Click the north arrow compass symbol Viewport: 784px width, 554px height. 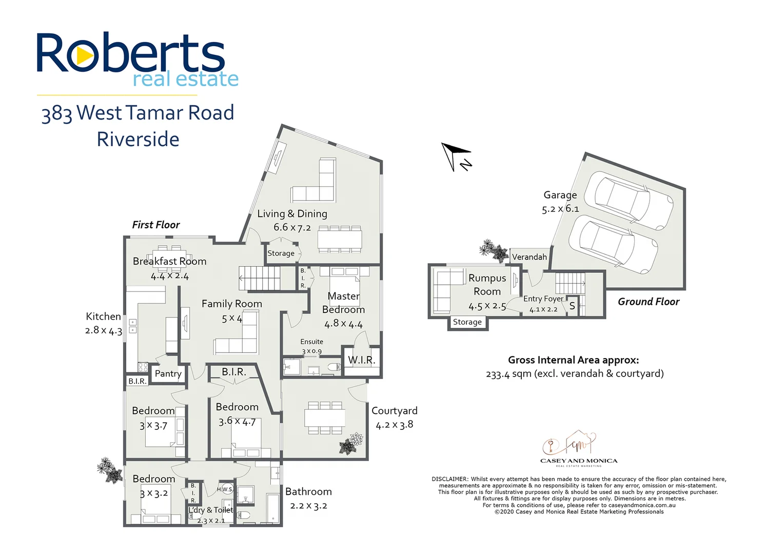455,155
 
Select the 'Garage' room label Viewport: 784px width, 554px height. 560,195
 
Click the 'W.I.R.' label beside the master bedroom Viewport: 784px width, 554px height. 362,360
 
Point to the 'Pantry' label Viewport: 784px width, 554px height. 168,373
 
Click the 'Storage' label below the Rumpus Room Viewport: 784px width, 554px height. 467,322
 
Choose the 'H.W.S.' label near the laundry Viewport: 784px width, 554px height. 225,489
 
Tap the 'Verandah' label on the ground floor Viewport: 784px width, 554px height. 529,257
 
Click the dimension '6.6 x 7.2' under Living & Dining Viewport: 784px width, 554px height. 292,227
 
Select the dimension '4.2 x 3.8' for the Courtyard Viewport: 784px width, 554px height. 394,425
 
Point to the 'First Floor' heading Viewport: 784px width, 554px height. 156,225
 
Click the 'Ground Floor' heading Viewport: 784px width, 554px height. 648,302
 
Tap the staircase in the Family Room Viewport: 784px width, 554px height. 260,278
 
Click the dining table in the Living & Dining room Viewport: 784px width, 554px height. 339,240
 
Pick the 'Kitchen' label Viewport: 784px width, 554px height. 103,316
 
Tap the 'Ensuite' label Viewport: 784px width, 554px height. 311,342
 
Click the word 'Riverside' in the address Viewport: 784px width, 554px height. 138,140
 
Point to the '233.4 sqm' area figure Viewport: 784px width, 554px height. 508,374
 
